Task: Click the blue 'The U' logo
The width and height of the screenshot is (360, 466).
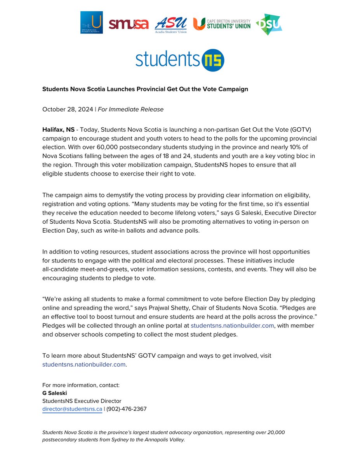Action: coord(92,23)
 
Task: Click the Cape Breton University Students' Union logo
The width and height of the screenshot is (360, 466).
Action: coord(222,24)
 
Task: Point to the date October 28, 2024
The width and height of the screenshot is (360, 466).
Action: coord(68,109)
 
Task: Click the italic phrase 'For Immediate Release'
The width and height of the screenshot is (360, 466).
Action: coord(130,109)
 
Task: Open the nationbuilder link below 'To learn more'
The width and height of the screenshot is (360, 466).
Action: coord(84,365)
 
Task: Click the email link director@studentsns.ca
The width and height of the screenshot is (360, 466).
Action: coord(72,409)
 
